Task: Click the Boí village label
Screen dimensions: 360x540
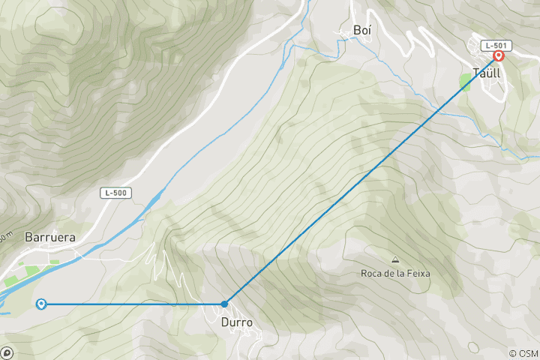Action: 362,31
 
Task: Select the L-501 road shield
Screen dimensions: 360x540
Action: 492,45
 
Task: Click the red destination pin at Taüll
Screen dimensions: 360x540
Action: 498,55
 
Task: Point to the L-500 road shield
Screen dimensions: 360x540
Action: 116,193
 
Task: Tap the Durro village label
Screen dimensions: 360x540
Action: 236,322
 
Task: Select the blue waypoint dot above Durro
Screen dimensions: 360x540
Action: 224,304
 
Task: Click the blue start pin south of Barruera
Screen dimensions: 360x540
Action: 41,303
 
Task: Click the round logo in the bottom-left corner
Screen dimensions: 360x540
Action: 6,352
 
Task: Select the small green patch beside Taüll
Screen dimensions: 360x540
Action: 466,82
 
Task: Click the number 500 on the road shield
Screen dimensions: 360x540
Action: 120,193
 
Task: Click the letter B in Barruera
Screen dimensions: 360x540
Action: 29,236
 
